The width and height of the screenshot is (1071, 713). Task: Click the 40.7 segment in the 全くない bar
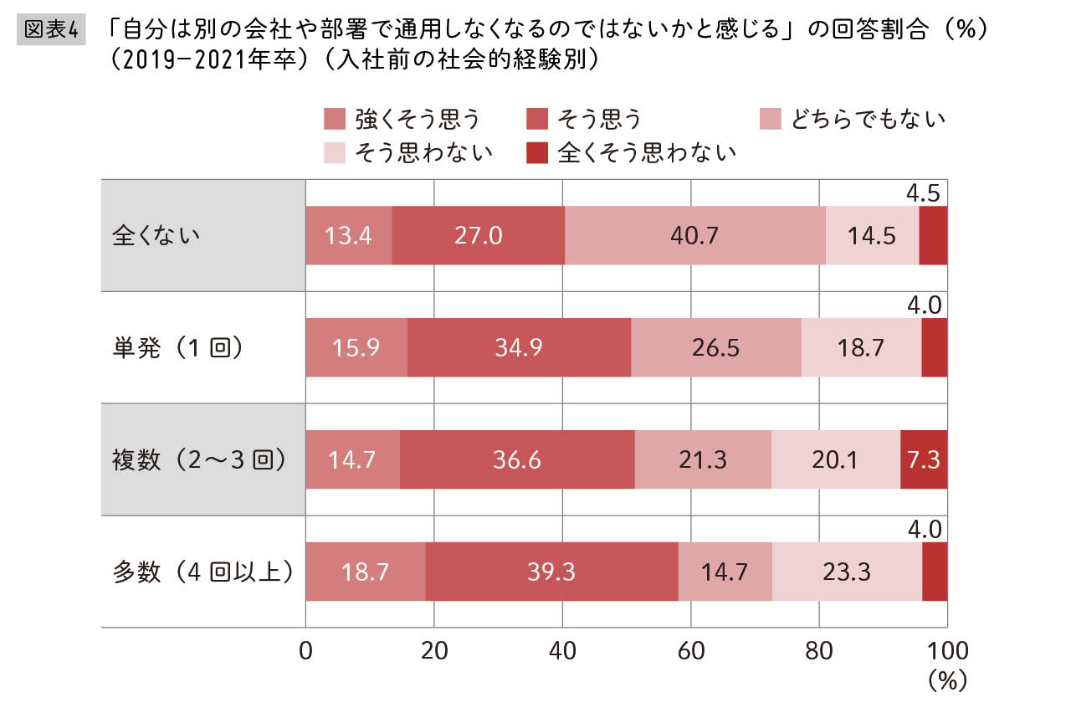tap(694, 235)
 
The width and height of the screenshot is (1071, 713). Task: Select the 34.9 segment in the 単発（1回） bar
tap(519, 347)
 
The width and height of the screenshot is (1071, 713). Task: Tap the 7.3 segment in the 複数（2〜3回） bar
tap(924, 459)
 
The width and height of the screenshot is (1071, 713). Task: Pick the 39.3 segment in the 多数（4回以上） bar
tap(552, 571)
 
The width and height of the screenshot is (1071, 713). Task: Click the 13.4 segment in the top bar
tap(349, 235)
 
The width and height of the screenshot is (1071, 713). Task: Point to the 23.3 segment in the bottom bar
tap(847, 571)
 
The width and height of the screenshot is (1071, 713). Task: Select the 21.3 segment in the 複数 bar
tap(703, 459)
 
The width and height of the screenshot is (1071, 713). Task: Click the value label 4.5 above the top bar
tap(924, 194)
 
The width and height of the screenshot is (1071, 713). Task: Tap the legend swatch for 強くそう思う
tap(334, 120)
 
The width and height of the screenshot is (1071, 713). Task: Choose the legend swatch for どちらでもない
tap(769, 120)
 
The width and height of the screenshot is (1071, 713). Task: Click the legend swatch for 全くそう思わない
tap(536, 152)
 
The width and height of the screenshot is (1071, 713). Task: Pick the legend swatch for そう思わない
tap(334, 152)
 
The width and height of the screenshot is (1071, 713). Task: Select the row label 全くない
tap(156, 235)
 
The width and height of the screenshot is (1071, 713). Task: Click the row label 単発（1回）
tap(178, 347)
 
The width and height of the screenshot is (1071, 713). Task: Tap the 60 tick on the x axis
tap(690, 651)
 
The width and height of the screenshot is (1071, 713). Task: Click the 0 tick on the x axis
tap(306, 651)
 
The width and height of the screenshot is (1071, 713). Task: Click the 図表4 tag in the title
tap(52, 29)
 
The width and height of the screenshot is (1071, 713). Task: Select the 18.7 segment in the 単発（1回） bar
tap(861, 347)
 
